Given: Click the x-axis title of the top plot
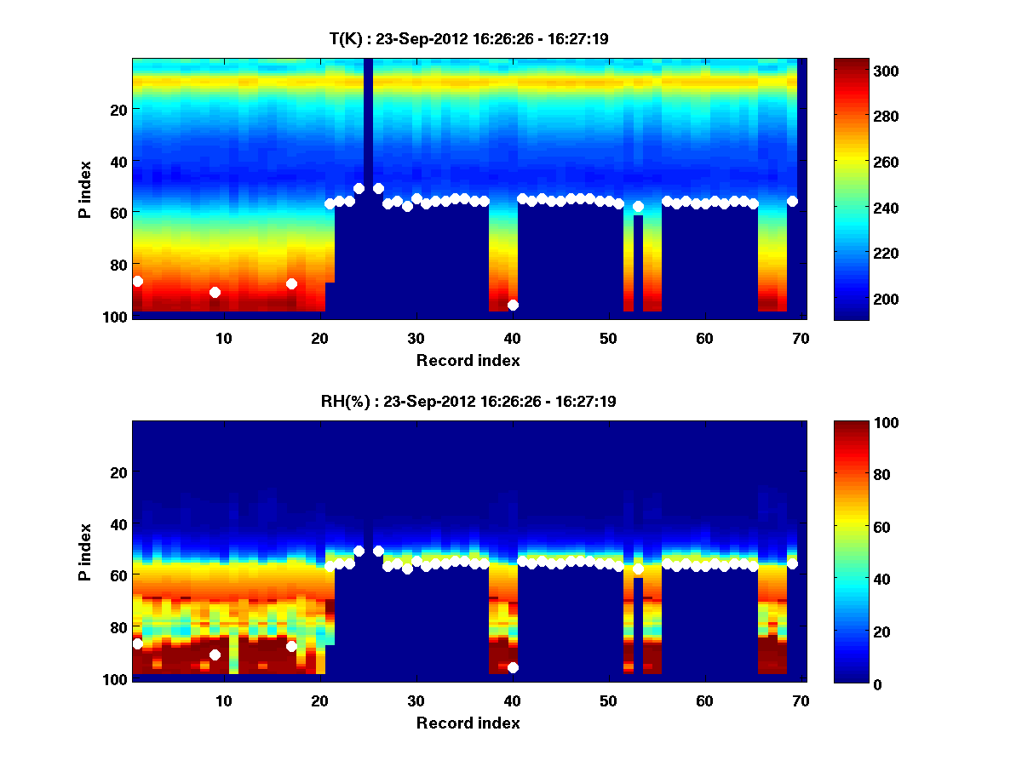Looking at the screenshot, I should (468, 360).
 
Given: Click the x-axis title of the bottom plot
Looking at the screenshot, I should (468, 723).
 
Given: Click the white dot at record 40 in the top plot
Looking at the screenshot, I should (513, 305).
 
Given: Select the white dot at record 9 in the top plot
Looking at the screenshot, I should (215, 292).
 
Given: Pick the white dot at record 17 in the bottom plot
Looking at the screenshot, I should (291, 646).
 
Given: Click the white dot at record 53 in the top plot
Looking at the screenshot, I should (638, 206).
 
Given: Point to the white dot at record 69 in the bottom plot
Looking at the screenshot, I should (792, 563).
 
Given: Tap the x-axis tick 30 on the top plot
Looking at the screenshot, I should (416, 338).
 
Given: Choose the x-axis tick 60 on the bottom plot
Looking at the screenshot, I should (704, 700).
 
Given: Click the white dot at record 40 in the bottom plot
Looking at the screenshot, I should (513, 667).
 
